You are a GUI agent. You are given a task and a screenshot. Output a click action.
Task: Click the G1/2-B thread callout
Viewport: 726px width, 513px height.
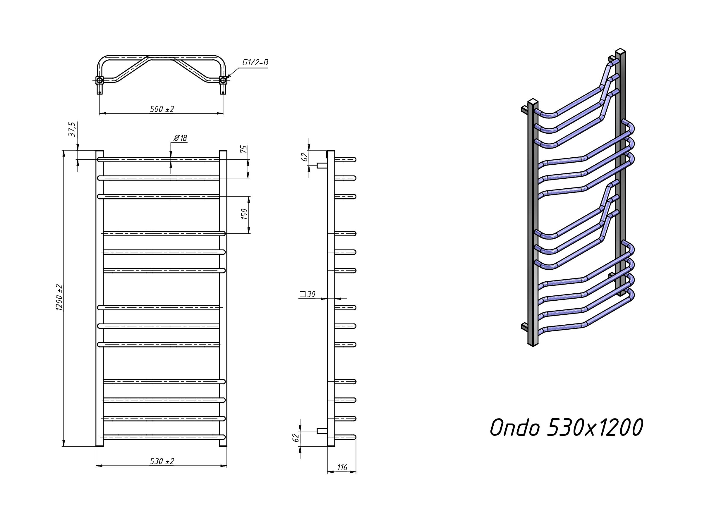[255, 63]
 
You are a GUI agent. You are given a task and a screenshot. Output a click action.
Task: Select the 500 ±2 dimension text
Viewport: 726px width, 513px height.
[162, 109]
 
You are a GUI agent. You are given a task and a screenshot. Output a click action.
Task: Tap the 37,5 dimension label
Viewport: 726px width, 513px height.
[72, 129]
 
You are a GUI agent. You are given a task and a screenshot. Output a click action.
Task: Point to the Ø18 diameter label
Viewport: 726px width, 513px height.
[181, 138]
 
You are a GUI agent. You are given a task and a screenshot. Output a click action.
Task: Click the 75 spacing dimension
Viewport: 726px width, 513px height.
[244, 149]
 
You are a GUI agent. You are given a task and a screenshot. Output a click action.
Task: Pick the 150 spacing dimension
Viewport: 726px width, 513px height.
[244, 214]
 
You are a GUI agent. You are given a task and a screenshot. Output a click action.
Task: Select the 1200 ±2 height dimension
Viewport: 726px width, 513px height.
[60, 297]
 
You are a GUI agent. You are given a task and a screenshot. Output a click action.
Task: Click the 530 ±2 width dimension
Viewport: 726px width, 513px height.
[162, 462]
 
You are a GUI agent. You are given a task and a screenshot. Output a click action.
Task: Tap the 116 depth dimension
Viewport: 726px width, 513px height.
[342, 467]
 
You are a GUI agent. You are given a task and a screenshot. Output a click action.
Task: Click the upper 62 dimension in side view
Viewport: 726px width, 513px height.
[305, 157]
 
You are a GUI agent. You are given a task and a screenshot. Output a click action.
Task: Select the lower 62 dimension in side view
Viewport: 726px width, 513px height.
[296, 438]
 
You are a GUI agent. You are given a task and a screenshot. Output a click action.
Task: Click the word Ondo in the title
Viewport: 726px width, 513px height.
[515, 428]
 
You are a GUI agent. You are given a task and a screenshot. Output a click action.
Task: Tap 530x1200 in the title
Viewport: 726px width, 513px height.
[595, 428]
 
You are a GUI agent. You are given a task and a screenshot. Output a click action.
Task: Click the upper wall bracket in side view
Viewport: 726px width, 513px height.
[322, 165]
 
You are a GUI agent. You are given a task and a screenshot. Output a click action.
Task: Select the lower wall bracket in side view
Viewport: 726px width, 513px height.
[322, 431]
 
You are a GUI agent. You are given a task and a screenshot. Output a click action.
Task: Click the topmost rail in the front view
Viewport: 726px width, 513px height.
[158, 160]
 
